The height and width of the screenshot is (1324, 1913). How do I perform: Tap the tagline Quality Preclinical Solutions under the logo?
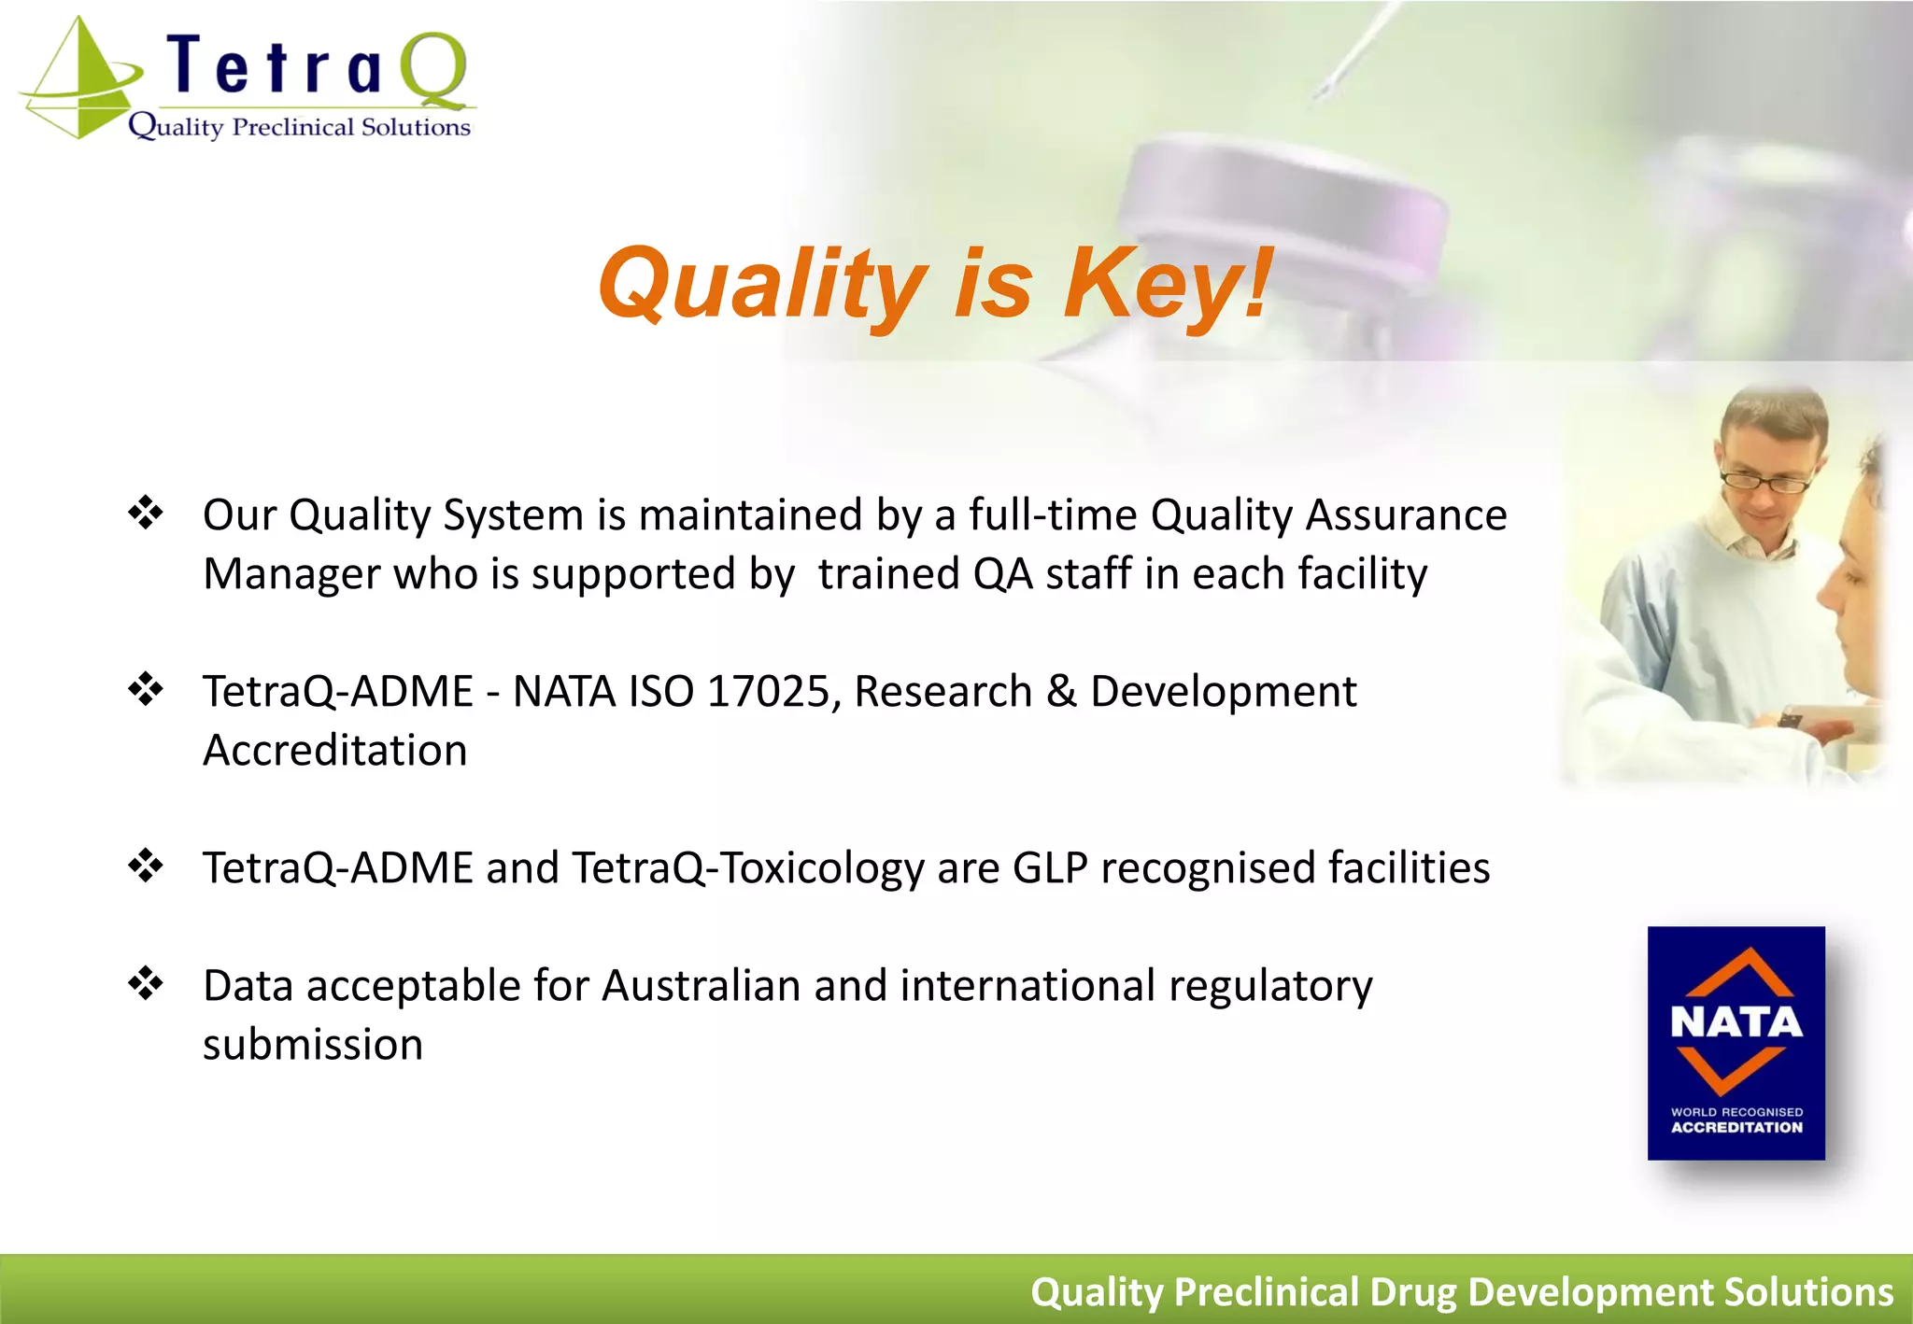click(299, 126)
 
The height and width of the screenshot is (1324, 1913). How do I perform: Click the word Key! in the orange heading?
click(1168, 283)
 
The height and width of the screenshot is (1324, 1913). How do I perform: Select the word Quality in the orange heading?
click(762, 283)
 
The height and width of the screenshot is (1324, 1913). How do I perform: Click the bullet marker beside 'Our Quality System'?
click(146, 513)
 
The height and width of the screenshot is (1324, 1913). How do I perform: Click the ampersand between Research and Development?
click(1061, 692)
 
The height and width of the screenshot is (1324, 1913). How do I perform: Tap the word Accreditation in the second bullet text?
click(334, 751)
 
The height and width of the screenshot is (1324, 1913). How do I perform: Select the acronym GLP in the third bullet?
click(1050, 867)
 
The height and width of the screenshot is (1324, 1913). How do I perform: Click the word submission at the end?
click(313, 1045)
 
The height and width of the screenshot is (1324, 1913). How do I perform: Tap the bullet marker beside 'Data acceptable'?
click(146, 983)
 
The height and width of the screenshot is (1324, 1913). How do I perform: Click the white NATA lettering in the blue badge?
click(1736, 1022)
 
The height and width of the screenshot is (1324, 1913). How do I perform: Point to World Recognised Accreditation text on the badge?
click(1736, 1120)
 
